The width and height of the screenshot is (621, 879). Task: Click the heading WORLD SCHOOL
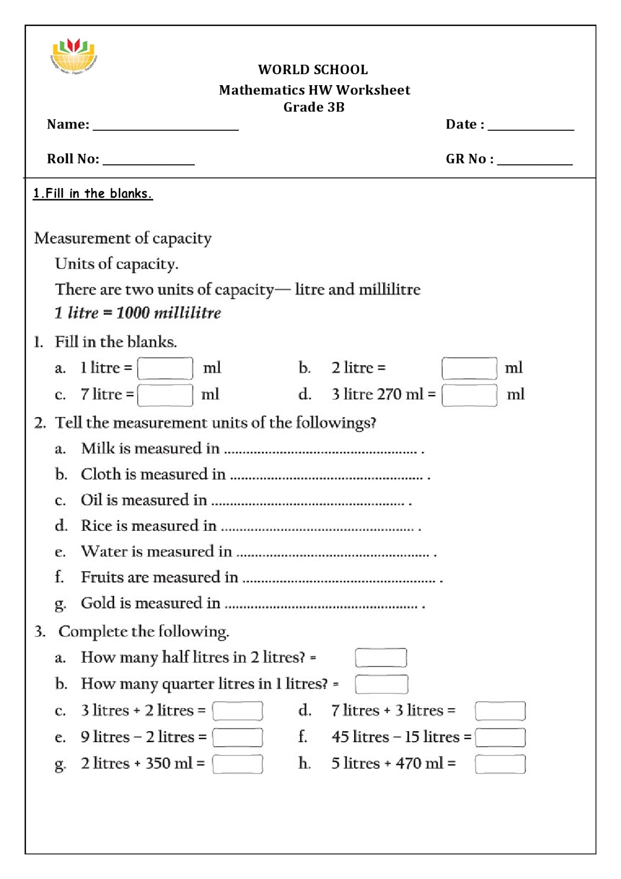[x=313, y=70]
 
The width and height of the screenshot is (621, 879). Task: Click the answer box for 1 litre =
[x=165, y=368]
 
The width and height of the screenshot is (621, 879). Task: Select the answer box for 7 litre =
[x=165, y=394]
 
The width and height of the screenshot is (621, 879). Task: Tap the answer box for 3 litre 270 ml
[x=469, y=394]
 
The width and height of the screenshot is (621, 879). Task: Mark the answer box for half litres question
[x=381, y=658]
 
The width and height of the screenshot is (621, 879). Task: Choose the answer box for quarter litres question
[x=381, y=684]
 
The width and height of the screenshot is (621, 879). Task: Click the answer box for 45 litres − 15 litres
[x=500, y=737]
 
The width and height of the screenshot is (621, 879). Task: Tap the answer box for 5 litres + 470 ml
[x=500, y=764]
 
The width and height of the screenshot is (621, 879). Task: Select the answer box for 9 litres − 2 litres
[x=237, y=737]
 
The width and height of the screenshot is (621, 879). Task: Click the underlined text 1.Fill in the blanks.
[x=92, y=193]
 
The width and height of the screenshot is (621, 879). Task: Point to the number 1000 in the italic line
[x=132, y=313]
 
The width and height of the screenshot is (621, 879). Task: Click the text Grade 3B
[x=314, y=107]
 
